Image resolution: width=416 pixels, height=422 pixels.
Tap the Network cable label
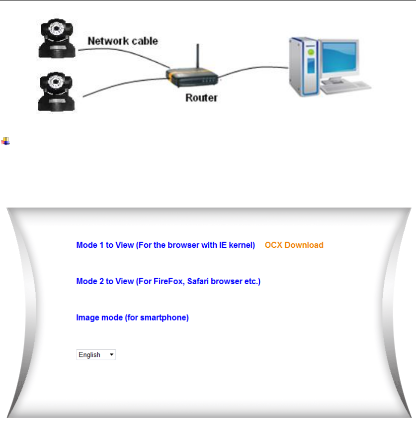(x=123, y=41)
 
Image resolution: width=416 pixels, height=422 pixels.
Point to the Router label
(x=201, y=98)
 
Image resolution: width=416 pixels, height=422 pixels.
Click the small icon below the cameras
(x=5, y=141)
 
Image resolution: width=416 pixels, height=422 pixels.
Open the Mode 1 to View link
(x=166, y=245)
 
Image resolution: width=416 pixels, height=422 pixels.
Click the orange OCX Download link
(x=294, y=245)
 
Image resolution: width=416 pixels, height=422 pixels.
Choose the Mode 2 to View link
(x=168, y=281)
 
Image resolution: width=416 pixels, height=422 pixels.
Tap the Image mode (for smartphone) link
(x=132, y=317)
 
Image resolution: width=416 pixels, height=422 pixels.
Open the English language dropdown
(x=95, y=355)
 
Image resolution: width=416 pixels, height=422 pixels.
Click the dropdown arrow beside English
(x=111, y=355)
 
